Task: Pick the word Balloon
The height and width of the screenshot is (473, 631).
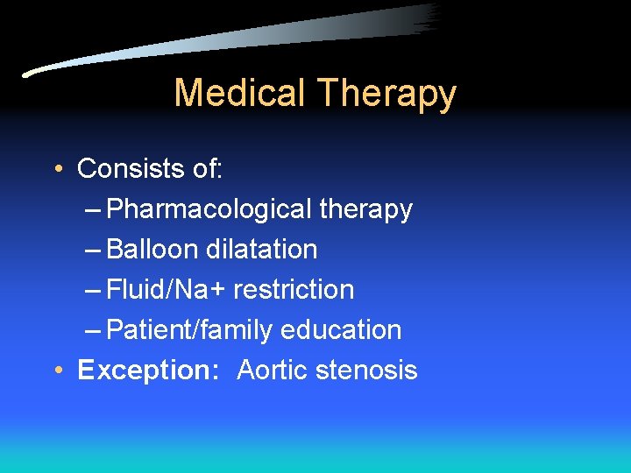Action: (152, 250)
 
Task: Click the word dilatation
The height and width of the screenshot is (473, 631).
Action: (262, 250)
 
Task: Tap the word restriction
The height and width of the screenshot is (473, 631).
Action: (294, 290)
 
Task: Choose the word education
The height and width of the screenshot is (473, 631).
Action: (341, 330)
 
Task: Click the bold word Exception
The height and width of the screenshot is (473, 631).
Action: (147, 371)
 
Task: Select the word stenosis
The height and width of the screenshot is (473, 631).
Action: (367, 371)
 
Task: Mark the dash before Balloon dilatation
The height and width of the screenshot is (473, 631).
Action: (96, 251)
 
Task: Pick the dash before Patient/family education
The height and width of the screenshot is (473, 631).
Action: (96, 331)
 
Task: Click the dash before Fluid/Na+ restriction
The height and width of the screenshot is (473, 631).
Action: (96, 291)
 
